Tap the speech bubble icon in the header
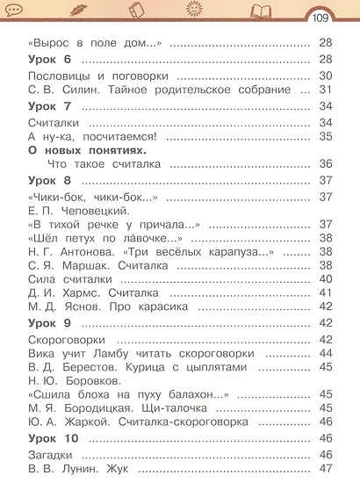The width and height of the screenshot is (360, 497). click(17, 10)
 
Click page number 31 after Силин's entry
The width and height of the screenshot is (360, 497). click(325, 90)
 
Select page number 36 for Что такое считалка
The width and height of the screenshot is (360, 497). click(325, 164)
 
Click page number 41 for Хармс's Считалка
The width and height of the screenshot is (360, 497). click(325, 292)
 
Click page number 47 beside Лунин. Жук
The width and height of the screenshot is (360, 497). click(325, 468)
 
